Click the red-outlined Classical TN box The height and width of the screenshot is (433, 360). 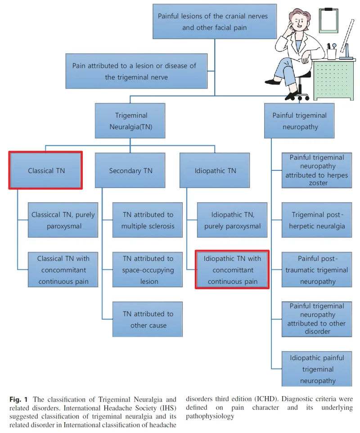(x=45, y=170)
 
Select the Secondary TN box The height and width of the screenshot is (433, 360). (x=130, y=170)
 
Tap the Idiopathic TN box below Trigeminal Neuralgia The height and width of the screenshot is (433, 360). (x=215, y=170)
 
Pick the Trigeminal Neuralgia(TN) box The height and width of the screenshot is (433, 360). (x=130, y=121)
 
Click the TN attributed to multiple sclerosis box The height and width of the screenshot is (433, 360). (x=148, y=220)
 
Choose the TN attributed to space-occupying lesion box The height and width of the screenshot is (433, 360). (x=148, y=269)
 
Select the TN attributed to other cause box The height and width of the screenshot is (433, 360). (x=148, y=319)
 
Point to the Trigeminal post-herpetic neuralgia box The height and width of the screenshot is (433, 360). (x=317, y=220)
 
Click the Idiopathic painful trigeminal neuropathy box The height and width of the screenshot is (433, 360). (x=317, y=369)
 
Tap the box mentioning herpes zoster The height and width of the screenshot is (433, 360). (x=317, y=170)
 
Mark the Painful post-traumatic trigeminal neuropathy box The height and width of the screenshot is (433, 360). (x=317, y=269)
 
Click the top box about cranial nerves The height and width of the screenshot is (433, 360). (x=215, y=21)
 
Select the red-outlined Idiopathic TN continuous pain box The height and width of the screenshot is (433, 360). (x=232, y=269)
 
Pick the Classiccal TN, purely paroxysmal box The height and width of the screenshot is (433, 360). (x=63, y=220)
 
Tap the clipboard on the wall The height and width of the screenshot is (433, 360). (x=329, y=20)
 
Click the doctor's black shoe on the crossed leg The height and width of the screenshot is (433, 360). (x=273, y=82)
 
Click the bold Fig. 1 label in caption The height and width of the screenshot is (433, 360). (x=18, y=400)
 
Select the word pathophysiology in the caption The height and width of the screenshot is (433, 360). (x=210, y=416)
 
